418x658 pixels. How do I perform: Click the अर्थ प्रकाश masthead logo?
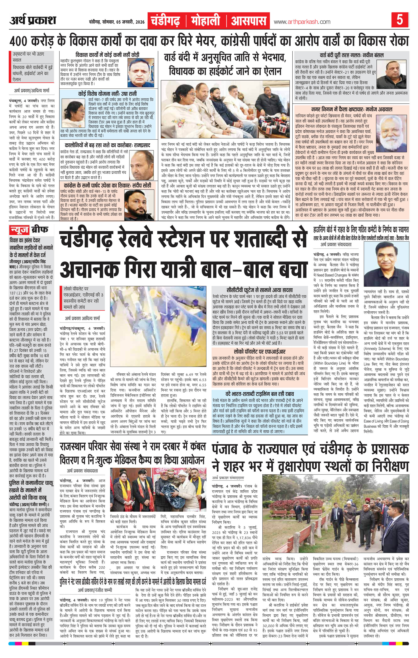33,20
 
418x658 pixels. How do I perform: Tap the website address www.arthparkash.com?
302,22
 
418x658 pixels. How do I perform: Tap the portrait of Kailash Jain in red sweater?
387,260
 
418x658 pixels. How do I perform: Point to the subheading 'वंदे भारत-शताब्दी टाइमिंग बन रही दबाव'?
259,394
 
